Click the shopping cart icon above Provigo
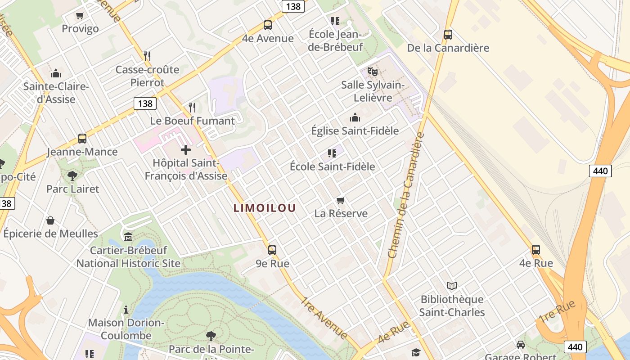click(80, 16)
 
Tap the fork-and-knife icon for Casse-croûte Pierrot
click(147, 56)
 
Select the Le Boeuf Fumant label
click(192, 121)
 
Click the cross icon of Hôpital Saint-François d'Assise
click(185, 150)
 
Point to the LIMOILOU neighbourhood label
click(265, 208)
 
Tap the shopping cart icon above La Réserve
click(341, 200)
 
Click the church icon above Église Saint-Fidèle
click(355, 118)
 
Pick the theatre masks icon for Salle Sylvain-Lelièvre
click(372, 71)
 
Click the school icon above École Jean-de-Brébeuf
click(335, 21)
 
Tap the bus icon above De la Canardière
click(448, 34)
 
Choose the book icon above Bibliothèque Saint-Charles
click(452, 286)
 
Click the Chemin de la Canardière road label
click(406, 196)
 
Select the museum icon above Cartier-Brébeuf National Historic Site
click(128, 237)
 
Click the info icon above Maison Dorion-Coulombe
click(126, 310)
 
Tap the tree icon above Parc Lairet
click(72, 175)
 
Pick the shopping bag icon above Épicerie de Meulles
click(50, 220)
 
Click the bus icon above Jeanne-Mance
click(82, 138)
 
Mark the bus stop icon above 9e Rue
click(272, 250)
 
